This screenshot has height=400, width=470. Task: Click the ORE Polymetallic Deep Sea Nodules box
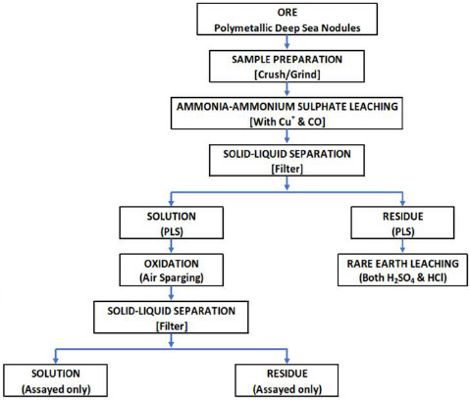(x=287, y=20)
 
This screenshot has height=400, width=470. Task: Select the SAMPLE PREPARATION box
(x=287, y=67)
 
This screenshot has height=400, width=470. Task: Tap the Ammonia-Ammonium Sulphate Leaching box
(x=287, y=114)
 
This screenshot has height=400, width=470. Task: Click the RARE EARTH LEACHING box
(x=402, y=271)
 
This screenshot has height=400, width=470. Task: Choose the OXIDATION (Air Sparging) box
(x=172, y=271)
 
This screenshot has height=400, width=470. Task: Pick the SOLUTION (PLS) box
(x=172, y=223)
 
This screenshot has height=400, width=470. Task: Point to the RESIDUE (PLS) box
(x=402, y=223)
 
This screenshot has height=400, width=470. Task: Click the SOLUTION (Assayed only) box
(x=56, y=380)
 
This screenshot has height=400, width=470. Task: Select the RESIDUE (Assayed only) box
(x=287, y=380)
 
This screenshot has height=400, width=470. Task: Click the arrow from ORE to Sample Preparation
(x=287, y=42)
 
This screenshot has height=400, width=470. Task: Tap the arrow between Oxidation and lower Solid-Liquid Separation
(x=171, y=293)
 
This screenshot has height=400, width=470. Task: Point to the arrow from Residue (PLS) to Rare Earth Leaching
(x=402, y=246)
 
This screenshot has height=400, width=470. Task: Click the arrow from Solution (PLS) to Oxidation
(x=171, y=246)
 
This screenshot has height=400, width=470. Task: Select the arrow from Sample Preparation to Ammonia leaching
(x=287, y=89)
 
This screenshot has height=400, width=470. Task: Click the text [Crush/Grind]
(x=287, y=75)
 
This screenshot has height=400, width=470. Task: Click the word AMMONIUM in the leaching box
(x=263, y=107)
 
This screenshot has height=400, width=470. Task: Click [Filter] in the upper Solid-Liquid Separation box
(x=287, y=169)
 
